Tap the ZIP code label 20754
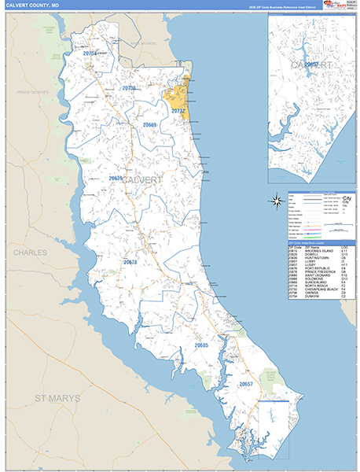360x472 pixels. [90, 53]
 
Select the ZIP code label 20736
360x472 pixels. [129, 88]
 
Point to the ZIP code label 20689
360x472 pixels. [149, 125]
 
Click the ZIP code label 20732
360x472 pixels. [178, 111]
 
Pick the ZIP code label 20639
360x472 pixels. [116, 179]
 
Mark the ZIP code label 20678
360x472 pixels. [130, 262]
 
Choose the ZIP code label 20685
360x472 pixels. [201, 345]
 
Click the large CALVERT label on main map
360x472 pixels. [142, 180]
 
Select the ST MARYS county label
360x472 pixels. [57, 399]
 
